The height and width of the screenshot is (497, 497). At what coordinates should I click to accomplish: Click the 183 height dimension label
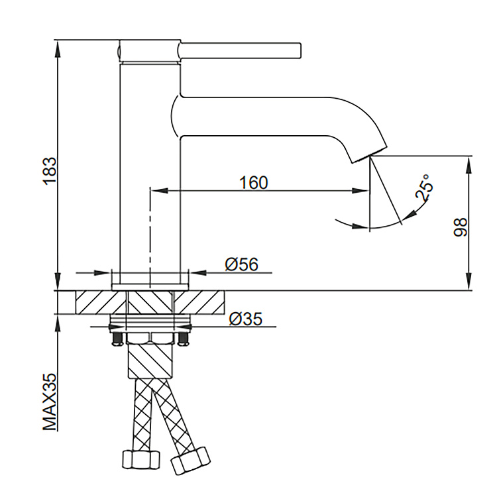[x=50, y=171]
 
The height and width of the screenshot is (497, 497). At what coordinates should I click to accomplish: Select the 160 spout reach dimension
[x=253, y=183]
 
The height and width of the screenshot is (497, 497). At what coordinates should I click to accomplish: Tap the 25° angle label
[x=424, y=188]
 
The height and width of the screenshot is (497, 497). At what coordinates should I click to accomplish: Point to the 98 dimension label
[x=461, y=227]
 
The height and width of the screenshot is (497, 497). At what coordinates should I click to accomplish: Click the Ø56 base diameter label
[x=241, y=264]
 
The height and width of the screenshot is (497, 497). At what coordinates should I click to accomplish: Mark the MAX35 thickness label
[x=50, y=402]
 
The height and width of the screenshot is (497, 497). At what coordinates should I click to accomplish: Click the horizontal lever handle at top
[x=240, y=51]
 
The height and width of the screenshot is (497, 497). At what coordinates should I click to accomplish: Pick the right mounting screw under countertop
[x=183, y=338]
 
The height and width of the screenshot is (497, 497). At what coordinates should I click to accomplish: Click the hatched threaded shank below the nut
[x=150, y=361]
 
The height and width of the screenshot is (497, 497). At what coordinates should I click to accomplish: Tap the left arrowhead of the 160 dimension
[x=158, y=190]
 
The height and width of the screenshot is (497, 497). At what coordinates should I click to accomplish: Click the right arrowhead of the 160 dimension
[x=360, y=190]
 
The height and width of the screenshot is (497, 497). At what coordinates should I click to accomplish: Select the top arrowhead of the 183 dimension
[x=58, y=48]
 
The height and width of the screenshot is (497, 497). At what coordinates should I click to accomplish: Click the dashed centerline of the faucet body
[x=150, y=238]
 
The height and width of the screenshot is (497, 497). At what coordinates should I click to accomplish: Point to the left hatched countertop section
[x=101, y=302]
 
